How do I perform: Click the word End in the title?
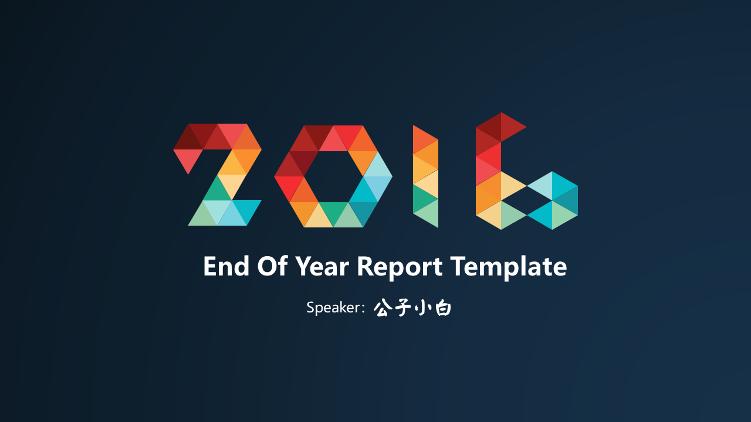pos(226,266)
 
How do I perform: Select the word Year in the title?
pos(322,266)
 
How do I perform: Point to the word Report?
pos(400,268)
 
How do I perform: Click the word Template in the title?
pos(508,268)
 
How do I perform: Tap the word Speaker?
pos(333,308)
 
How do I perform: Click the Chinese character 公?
pos(383,308)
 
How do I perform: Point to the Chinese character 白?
pos(443,308)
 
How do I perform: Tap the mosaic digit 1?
pos(425,176)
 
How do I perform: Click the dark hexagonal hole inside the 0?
pos(333,176)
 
